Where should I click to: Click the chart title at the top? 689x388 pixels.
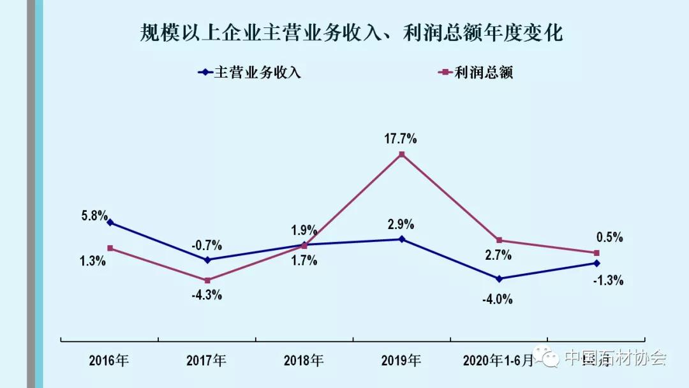coord(352,33)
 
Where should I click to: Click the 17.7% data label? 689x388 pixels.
coord(401,138)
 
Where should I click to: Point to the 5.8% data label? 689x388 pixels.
coord(94,216)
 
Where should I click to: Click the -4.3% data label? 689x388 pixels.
coord(207,295)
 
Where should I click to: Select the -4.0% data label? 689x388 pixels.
coord(498,299)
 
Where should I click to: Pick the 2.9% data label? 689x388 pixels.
coord(401,225)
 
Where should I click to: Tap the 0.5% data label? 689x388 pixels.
coord(609,237)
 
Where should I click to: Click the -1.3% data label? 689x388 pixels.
coord(609,280)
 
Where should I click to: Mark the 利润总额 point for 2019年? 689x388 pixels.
coord(401,154)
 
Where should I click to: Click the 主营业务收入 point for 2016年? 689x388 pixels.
coord(110,223)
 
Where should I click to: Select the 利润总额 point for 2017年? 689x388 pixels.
coord(207,280)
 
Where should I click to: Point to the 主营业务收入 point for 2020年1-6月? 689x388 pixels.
coord(499,279)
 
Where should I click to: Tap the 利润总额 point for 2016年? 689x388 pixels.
coord(110,248)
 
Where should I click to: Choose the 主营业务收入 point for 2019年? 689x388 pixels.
coord(401,239)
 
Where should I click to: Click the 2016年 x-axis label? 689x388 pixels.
coord(109,361)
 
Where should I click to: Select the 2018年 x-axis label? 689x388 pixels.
coord(304,361)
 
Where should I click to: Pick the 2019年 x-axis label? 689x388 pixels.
coord(401,361)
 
